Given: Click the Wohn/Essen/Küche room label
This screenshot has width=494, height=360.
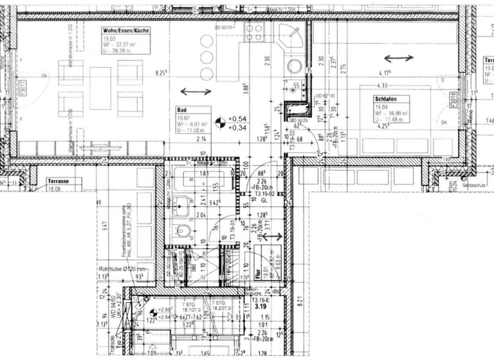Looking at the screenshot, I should tap(127, 31).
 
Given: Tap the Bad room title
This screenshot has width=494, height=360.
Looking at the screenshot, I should tap(182, 110).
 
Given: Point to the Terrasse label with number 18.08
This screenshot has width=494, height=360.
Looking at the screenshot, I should tap(60, 183).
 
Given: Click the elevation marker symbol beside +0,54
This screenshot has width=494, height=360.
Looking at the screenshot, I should tap(221, 122).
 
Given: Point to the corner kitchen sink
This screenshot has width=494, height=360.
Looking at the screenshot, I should tap(295, 35).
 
